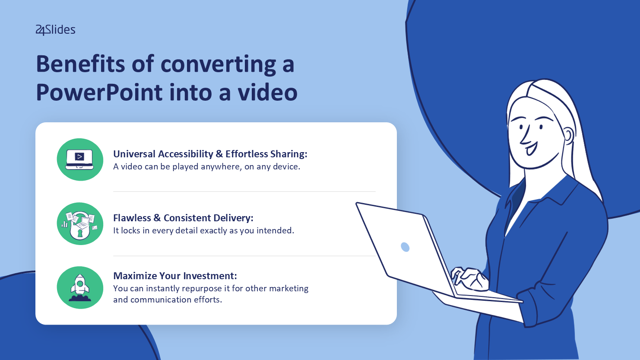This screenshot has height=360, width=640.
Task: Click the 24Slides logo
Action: (55, 30)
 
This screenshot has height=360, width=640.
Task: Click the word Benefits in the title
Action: (80, 64)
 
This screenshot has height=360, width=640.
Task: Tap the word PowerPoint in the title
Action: (99, 92)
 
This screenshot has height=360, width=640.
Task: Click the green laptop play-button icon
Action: (80, 159)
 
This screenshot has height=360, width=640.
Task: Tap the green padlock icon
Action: (80, 223)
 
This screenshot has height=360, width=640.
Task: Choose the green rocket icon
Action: (80, 288)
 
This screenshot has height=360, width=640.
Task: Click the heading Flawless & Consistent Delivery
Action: (183, 218)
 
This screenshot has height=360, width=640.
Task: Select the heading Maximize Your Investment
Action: (175, 276)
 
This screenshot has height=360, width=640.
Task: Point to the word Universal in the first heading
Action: (134, 154)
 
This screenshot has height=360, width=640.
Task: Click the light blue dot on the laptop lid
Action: (405, 247)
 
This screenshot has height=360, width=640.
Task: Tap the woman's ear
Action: (568, 136)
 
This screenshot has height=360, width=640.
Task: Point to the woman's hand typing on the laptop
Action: (469, 278)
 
